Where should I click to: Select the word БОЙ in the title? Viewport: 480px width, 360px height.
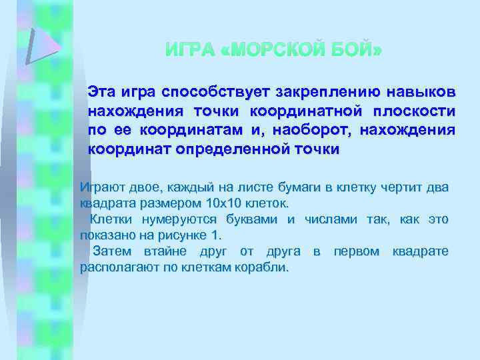pyautogui.click(x=358, y=51)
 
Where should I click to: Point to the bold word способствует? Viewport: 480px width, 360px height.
pyautogui.click(x=216, y=91)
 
